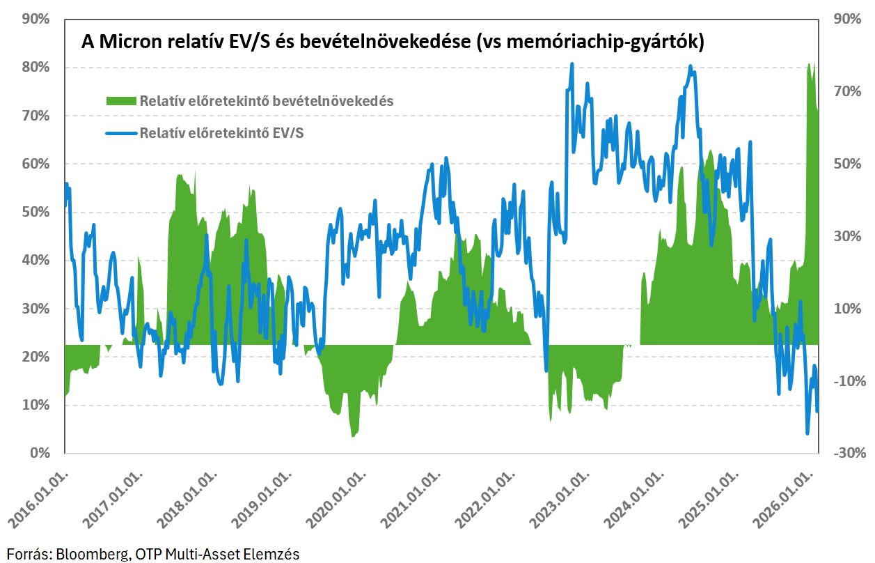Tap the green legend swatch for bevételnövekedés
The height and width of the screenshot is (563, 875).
[x=121, y=101]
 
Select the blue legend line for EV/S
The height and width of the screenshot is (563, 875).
[x=121, y=132]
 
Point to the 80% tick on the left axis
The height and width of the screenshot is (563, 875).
[x=37, y=68]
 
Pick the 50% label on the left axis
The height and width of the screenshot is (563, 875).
[x=37, y=212]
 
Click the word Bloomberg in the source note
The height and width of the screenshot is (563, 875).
[x=87, y=555]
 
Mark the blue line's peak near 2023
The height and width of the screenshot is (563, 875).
[x=571, y=64]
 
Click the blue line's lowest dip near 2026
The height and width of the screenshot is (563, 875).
[x=807, y=433]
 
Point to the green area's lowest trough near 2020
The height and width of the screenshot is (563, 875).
[x=353, y=436]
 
